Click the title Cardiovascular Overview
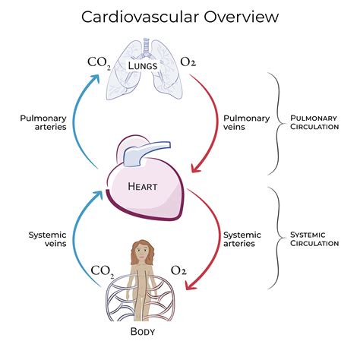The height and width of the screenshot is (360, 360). click(x=180, y=16)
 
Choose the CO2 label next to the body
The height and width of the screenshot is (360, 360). click(x=104, y=270)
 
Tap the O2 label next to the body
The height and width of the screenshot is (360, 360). click(x=180, y=270)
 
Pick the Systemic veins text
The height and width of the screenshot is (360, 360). click(x=47, y=240)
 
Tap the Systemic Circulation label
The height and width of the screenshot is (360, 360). click(x=314, y=240)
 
